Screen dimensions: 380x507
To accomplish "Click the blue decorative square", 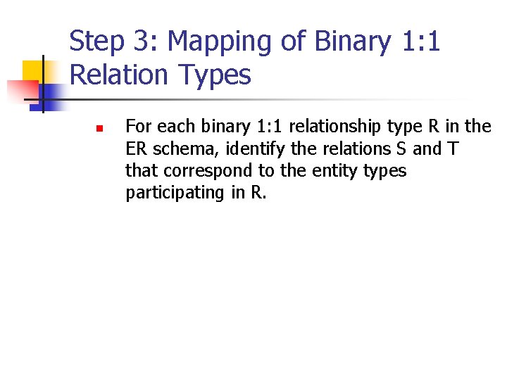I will click(50, 93).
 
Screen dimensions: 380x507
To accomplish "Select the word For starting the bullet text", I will click(139, 127).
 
